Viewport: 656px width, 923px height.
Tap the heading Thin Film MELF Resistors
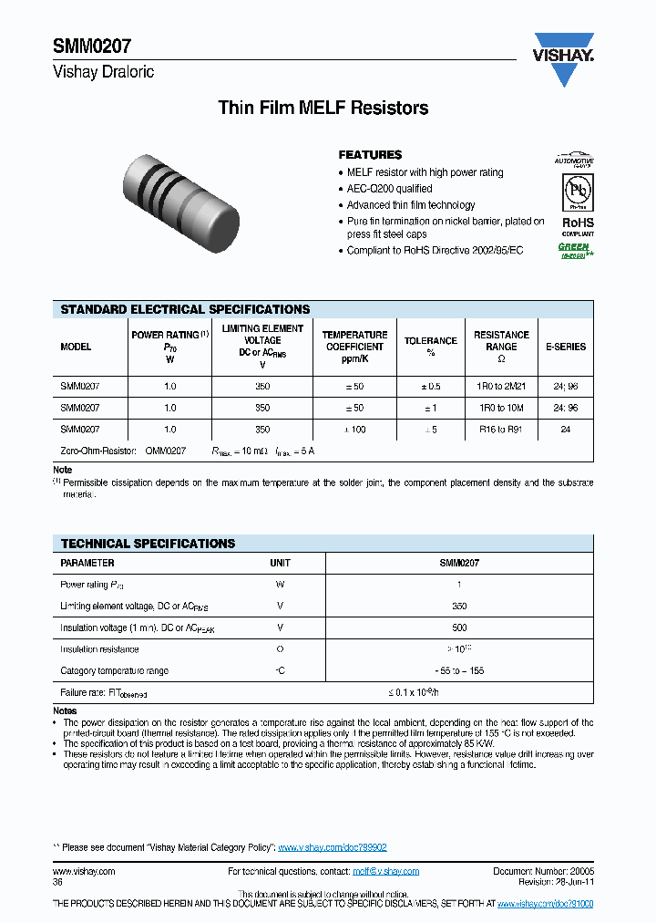coord(323,109)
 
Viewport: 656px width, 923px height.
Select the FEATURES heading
coord(370,155)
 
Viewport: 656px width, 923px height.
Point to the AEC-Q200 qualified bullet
coord(389,189)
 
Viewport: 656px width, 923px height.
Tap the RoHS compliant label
coord(576,225)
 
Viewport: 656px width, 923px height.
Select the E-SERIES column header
coord(565,347)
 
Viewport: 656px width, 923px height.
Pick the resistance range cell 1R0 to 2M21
coord(501,387)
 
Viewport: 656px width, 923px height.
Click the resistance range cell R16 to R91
coord(501,429)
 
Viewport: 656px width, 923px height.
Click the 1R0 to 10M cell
coord(501,408)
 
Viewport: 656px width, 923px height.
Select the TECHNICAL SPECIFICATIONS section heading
coord(148,544)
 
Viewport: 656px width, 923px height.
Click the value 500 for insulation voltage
coord(459,627)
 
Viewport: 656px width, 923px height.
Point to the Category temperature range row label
coord(114,670)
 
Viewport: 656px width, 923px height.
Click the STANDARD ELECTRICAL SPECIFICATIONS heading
coord(185,309)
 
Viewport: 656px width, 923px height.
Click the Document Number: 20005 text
coord(543,871)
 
